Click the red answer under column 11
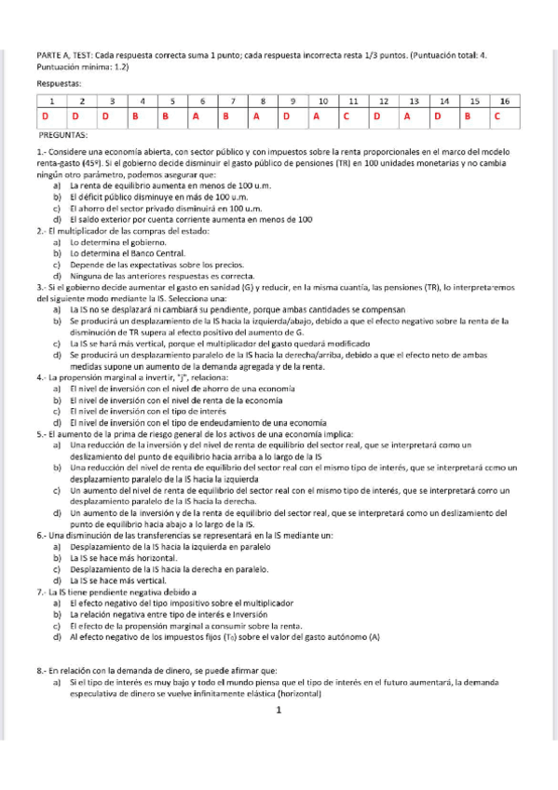pyautogui.click(x=345, y=116)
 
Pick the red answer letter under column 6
pyautogui.click(x=197, y=116)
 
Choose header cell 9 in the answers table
pyautogui.click(x=293, y=100)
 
